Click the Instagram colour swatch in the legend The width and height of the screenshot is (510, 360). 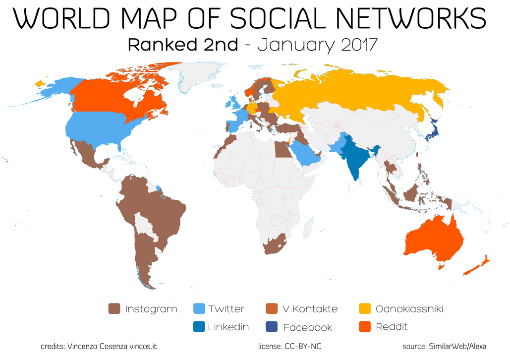(114, 309)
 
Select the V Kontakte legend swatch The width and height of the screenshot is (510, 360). (271, 309)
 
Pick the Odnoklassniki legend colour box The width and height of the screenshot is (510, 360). (364, 309)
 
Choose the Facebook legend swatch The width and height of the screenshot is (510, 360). (271, 327)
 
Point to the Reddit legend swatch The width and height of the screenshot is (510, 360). (364, 327)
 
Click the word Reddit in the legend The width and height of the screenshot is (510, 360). (392, 327)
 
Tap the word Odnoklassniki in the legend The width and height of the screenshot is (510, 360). (409, 309)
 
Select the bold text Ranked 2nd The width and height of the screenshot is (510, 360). (183, 45)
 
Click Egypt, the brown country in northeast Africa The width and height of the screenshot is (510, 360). (283, 149)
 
